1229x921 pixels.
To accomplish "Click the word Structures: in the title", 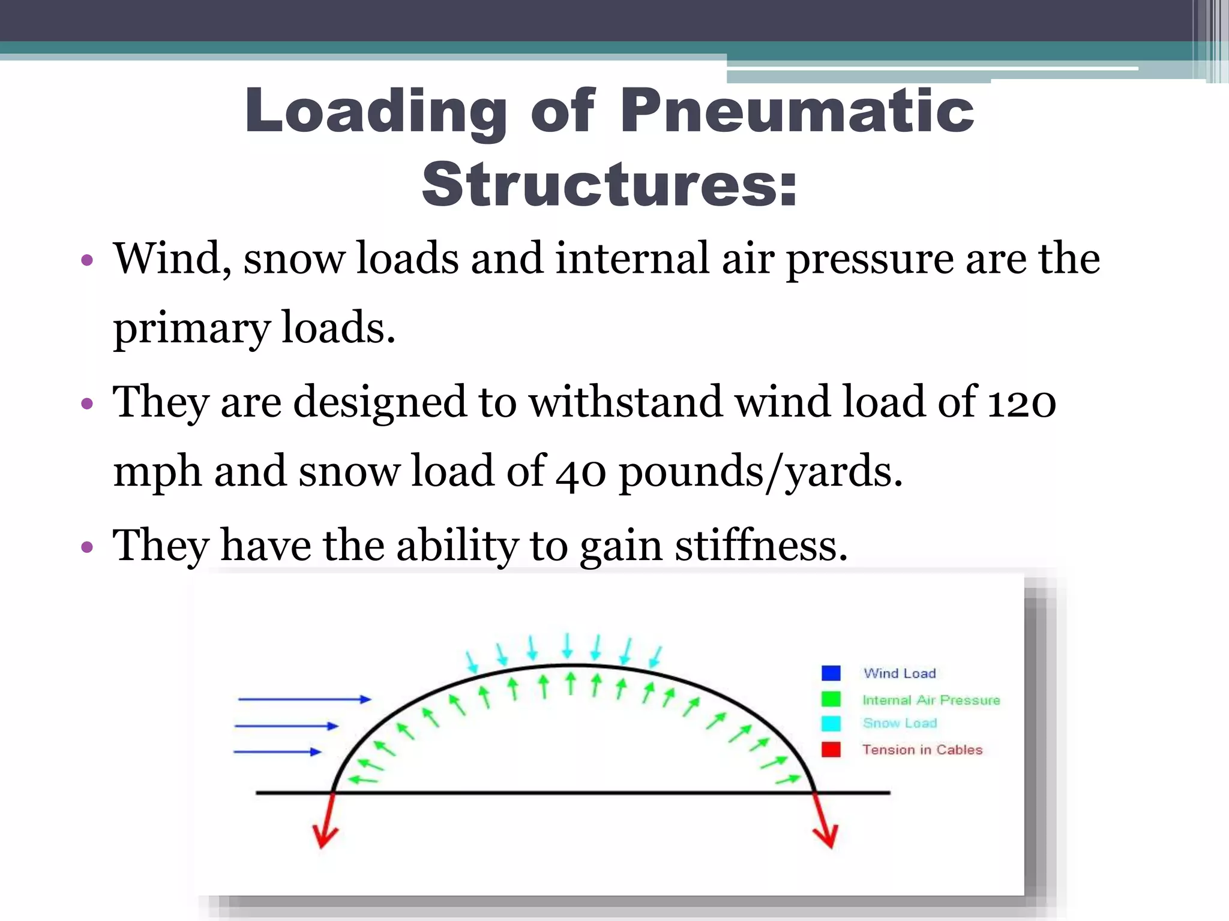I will pos(610,184).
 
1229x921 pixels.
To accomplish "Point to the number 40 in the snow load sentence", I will pos(580,472).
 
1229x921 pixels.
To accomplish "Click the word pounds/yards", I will pos(760,472).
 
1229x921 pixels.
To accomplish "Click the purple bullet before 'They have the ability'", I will pos(88,547).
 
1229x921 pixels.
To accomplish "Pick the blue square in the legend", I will pos(831,673).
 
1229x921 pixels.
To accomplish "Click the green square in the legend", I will pos(831,699).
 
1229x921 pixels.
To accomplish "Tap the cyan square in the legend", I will pos(831,724).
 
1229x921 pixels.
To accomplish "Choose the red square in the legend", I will pos(831,750).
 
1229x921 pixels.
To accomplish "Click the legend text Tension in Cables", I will pos(922,750).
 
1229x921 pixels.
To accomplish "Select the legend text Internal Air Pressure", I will pos(931,700).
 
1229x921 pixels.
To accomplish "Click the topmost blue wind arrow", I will pos(304,699).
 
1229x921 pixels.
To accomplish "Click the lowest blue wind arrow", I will pos(277,751).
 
